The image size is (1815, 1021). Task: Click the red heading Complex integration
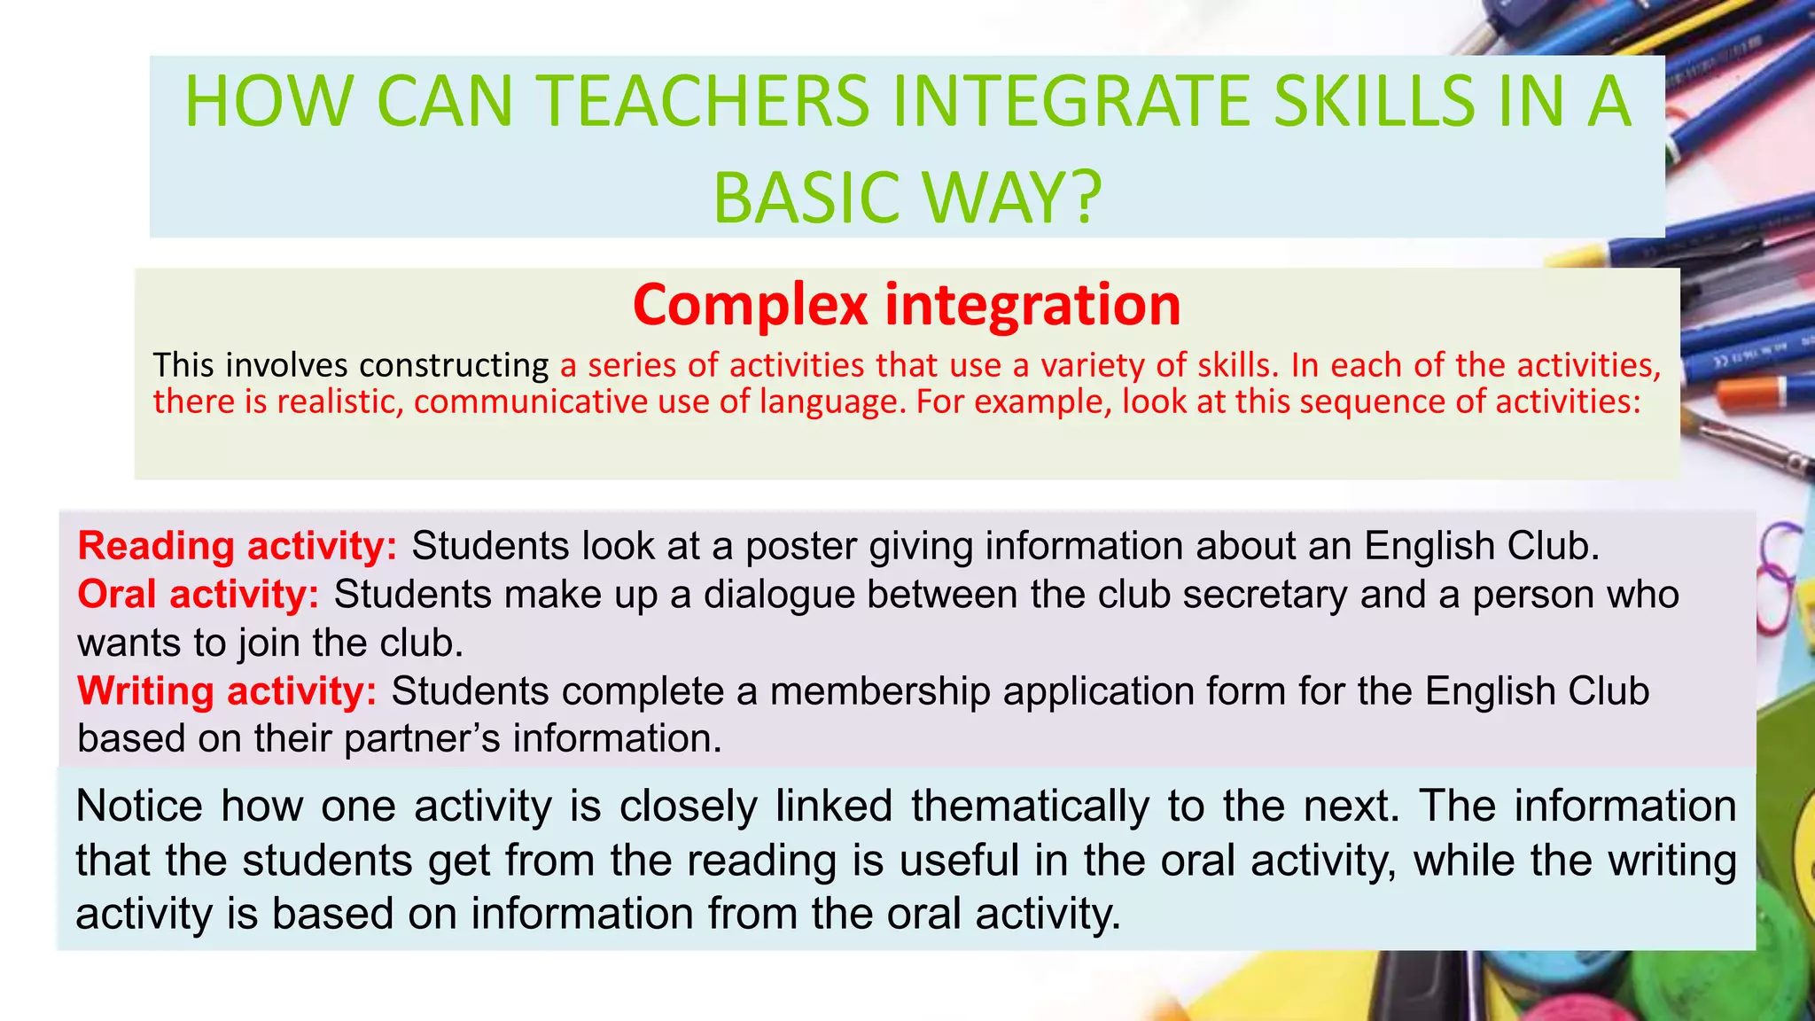(907, 304)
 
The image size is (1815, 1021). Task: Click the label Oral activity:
(198, 594)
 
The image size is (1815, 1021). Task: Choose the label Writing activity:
(227, 691)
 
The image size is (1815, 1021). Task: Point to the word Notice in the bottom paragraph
(139, 807)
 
